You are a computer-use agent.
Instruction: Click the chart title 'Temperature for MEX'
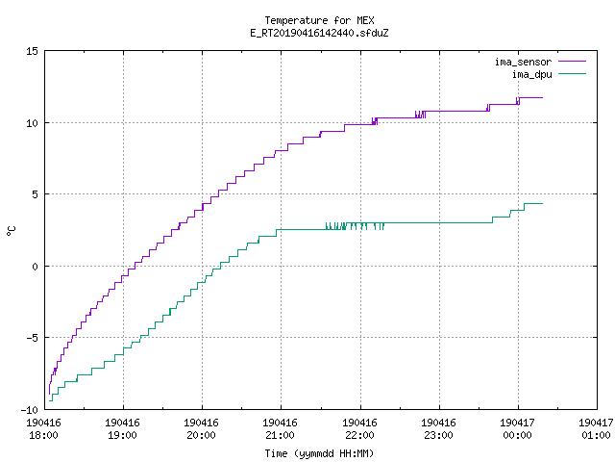[319, 20]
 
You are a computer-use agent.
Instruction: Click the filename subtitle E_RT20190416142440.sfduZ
[319, 33]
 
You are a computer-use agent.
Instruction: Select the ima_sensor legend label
[523, 62]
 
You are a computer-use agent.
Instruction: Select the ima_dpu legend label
[531, 74]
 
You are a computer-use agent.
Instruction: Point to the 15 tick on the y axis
[32, 51]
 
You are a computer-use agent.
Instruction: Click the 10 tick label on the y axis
[32, 123]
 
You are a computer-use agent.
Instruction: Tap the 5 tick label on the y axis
[36, 194]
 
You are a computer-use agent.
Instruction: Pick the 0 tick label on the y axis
[36, 267]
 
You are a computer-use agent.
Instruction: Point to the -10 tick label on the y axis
[30, 410]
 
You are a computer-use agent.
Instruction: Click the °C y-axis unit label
[12, 231]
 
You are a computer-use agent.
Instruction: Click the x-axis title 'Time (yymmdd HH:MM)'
[319, 453]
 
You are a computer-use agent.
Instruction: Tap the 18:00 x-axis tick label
[43, 435]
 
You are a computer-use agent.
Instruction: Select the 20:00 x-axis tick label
[201, 435]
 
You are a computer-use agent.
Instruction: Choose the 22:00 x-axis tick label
[359, 435]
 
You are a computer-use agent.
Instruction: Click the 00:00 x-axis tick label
[517, 435]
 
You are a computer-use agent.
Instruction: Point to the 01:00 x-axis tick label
[596, 435]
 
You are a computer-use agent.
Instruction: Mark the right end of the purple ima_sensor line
[542, 97]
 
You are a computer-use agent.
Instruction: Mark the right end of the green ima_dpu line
[542, 203]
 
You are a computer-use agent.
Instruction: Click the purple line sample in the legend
[572, 62]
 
